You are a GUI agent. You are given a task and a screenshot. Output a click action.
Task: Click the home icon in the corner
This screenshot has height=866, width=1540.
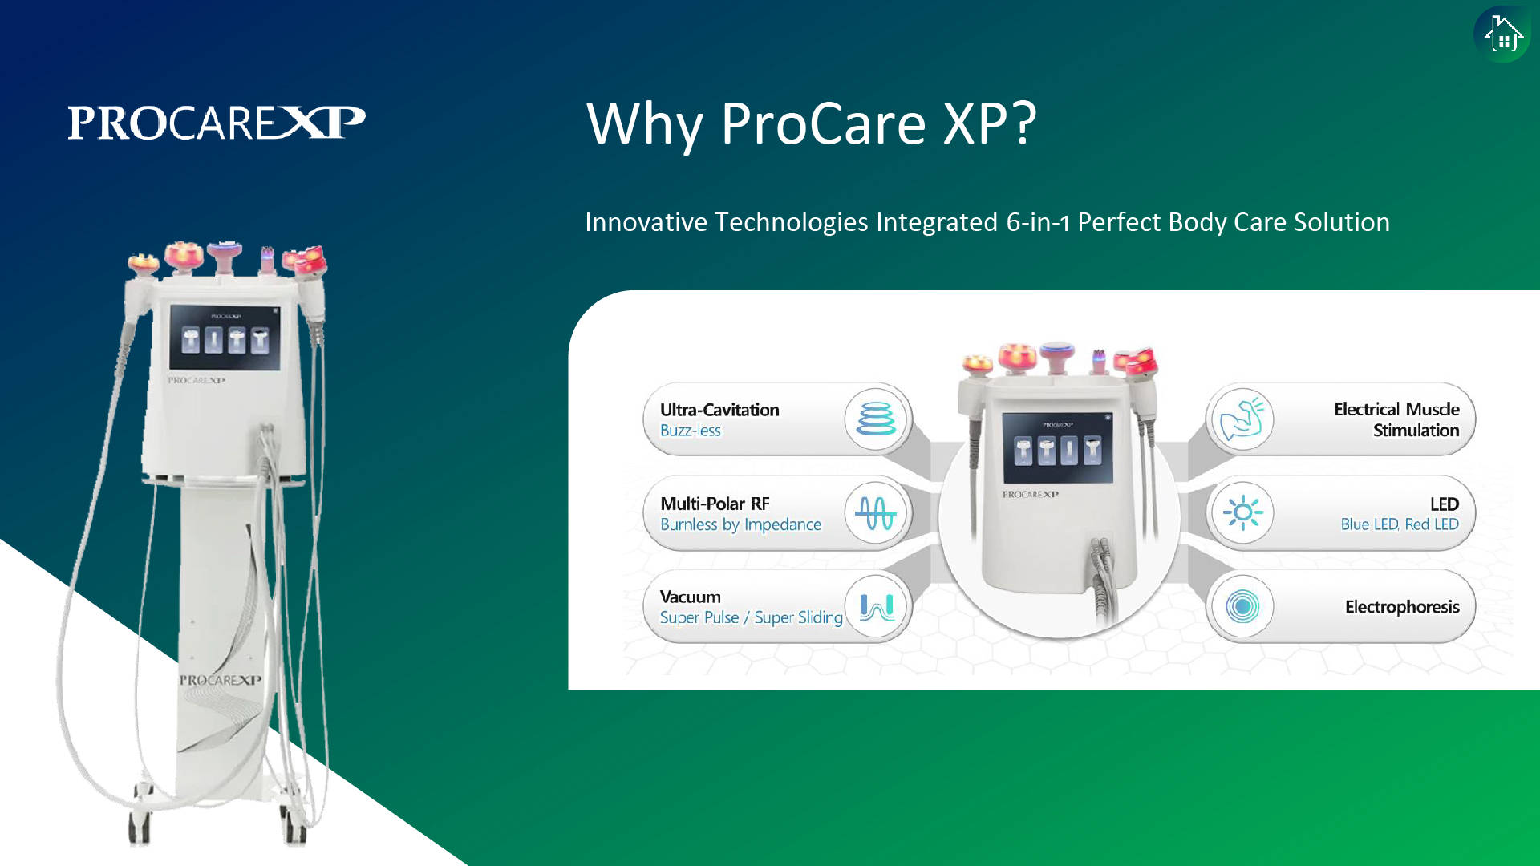point(1502,34)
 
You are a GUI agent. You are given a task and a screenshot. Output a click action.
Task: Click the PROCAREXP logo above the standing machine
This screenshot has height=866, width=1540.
point(217,123)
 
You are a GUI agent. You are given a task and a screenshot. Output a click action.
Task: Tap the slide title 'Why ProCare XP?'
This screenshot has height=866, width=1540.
point(812,123)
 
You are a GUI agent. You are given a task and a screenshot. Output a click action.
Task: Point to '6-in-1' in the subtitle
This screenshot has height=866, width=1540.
point(1038,222)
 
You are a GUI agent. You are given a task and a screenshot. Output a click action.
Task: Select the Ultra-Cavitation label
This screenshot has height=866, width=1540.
point(719,410)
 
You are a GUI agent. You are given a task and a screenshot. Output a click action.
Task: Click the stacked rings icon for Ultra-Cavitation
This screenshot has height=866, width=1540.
point(876,419)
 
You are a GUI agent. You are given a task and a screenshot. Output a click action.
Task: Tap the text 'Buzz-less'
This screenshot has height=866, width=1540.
point(691,431)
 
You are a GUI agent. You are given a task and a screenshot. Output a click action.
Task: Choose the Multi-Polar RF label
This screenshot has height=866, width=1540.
point(715,504)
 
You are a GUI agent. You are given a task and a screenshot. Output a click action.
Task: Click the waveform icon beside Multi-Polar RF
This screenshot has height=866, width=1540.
point(876,512)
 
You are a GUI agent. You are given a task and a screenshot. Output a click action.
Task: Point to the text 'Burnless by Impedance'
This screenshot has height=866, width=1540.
point(740,524)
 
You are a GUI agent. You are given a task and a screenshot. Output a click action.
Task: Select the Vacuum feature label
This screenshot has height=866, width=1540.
point(690,597)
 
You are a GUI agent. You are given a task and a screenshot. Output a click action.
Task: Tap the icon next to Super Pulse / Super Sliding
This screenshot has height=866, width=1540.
point(876,607)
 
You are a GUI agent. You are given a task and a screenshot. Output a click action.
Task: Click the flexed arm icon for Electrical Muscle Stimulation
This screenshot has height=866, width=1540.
point(1242,419)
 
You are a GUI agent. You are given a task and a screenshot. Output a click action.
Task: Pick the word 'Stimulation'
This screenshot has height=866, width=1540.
point(1416,431)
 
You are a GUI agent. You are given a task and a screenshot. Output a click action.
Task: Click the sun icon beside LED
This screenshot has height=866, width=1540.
point(1242,512)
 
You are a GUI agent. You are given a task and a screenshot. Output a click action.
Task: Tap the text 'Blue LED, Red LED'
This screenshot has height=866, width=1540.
point(1400,524)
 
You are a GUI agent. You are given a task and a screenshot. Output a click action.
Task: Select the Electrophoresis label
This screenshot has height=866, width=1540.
point(1402,607)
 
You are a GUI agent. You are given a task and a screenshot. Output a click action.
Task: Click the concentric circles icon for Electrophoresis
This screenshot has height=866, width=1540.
point(1242,607)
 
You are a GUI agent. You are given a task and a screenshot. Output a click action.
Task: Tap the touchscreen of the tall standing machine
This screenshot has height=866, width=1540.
point(225,337)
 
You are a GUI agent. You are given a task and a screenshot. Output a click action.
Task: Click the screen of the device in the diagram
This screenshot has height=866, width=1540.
point(1057,448)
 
